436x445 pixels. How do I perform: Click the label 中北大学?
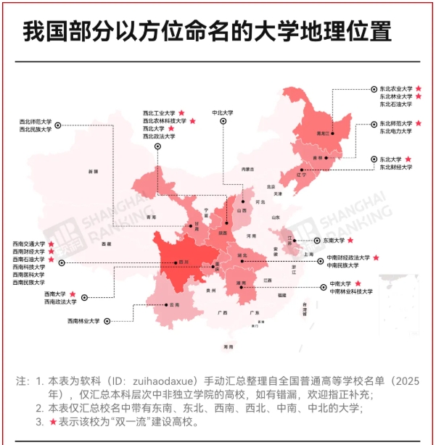(x=222, y=112)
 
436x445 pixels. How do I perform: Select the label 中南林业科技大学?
(x=351, y=291)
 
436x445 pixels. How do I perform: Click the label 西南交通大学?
(x=28, y=244)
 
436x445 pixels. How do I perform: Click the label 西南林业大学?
(x=83, y=320)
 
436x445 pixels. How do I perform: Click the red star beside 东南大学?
(x=351, y=240)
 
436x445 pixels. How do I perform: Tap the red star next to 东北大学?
(x=408, y=159)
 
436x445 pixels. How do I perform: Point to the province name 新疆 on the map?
(x=92, y=172)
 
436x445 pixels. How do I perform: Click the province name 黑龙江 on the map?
(x=321, y=134)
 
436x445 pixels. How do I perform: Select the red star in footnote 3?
(x=52, y=422)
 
